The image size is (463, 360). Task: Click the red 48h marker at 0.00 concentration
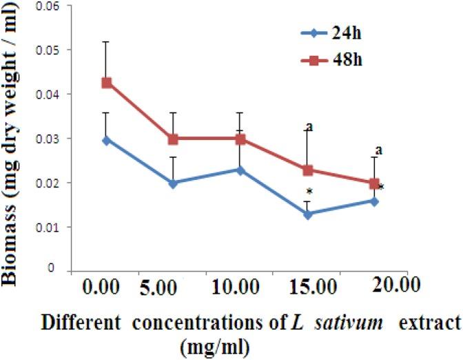coord(107,83)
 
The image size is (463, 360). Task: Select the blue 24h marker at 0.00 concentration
coord(107,140)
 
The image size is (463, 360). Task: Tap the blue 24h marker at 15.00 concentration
coord(308,214)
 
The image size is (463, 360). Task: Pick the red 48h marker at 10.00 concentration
coord(240,139)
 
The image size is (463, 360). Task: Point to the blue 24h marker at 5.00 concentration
coord(173,183)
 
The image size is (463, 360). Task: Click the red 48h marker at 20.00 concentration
coord(374,183)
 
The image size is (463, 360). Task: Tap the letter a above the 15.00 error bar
coord(310,126)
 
